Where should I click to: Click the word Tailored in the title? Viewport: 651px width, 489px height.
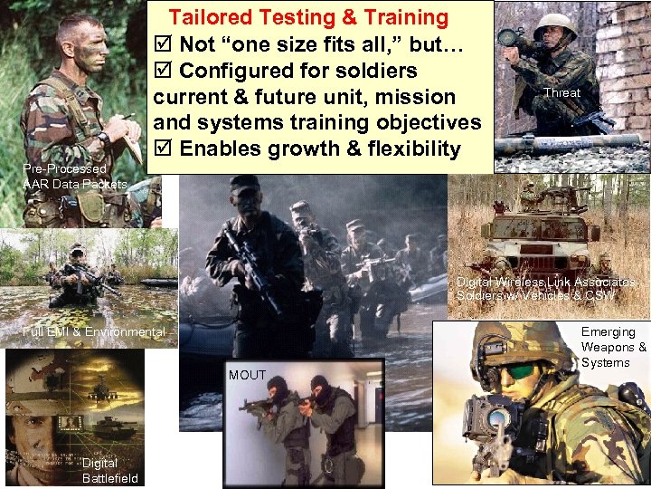coord(214,16)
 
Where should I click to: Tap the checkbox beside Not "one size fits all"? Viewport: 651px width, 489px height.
coord(164,44)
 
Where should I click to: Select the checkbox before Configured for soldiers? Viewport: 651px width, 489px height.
coord(164,71)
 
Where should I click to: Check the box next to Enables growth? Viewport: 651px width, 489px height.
coord(164,149)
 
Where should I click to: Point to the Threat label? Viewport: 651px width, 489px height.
coord(561,92)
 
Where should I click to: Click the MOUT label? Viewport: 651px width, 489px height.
coord(247,375)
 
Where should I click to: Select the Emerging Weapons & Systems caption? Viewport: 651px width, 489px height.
coord(614,347)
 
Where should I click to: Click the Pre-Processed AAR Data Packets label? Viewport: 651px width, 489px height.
coord(75,177)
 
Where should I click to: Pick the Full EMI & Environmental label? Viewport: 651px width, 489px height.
coord(94,332)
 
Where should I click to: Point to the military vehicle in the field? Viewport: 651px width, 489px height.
coord(541,233)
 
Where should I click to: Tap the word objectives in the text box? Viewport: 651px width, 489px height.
coord(429,122)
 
